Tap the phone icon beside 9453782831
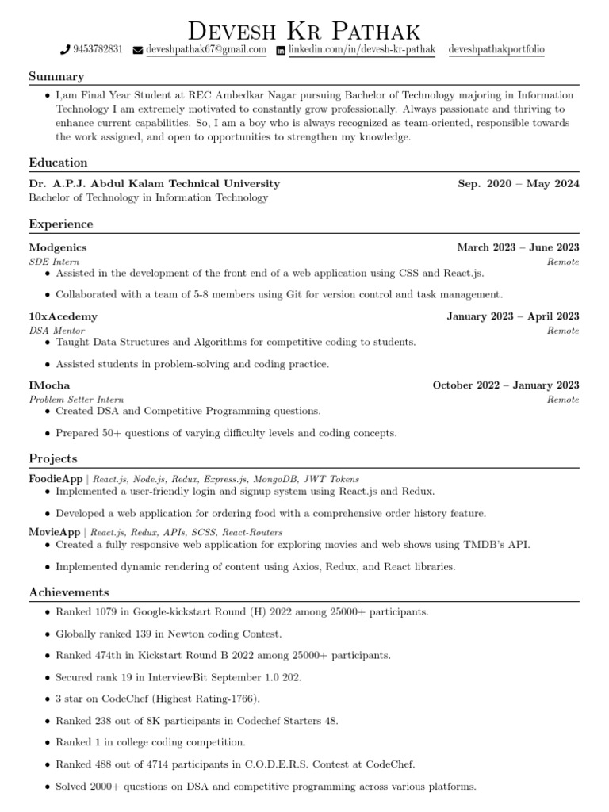coord(65,50)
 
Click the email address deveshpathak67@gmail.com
coord(205,49)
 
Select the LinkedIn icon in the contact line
coord(281,50)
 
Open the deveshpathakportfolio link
coord(496,49)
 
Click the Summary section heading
coord(56,76)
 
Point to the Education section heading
coord(58,163)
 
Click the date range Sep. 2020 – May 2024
coord(519,183)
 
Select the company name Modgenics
coord(58,247)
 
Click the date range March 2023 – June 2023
coord(518,247)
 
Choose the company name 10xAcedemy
coord(63,316)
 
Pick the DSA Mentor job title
coord(57,331)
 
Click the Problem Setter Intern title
coord(76,400)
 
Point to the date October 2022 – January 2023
coord(506,385)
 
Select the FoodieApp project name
coord(56,479)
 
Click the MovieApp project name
coord(55,532)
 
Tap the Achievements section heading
coord(69,592)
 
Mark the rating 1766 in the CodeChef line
coord(241,699)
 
